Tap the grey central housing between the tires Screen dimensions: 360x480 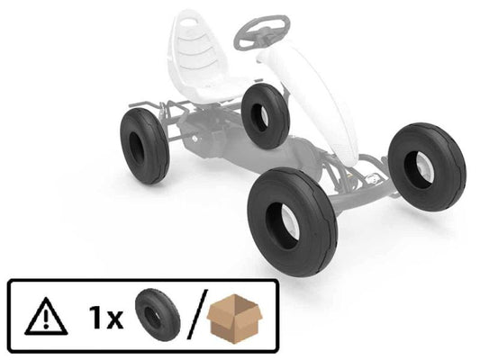[239, 148]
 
